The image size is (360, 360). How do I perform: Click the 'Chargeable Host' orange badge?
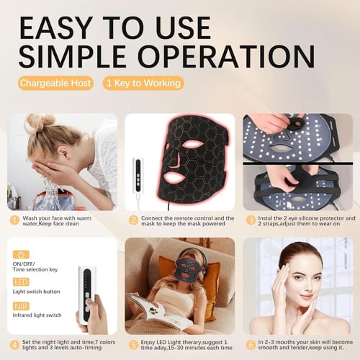(55, 83)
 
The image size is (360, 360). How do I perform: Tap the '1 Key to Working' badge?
(143, 83)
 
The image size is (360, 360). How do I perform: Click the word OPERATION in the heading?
(226, 56)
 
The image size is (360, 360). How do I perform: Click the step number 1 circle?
(14, 220)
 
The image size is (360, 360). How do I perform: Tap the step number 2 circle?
(133, 220)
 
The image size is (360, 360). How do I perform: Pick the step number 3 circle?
(251, 220)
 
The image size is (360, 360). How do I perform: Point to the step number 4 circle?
(14, 345)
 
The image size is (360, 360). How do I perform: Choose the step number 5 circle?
(133, 345)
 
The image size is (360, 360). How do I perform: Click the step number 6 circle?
(251, 345)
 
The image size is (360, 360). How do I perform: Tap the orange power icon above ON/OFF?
(21, 255)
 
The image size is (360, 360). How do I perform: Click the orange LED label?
(21, 282)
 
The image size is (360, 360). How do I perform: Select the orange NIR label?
(21, 306)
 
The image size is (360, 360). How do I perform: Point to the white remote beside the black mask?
(138, 176)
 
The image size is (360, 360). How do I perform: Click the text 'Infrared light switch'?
(37, 315)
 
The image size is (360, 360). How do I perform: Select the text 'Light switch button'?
(37, 292)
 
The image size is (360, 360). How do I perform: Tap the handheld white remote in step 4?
(87, 294)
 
